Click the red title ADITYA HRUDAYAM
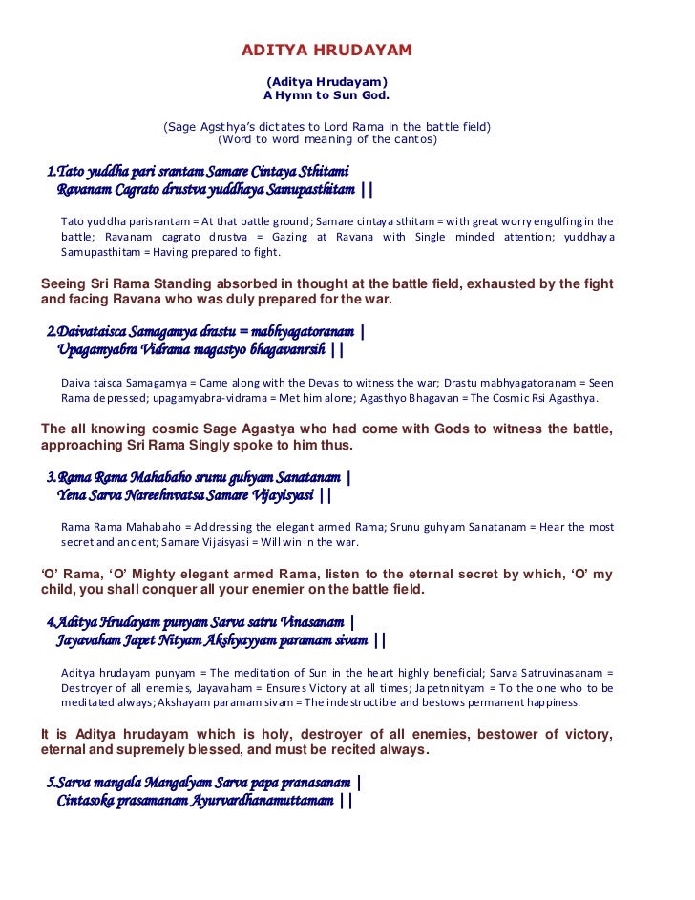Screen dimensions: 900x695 pyautogui.click(x=326, y=50)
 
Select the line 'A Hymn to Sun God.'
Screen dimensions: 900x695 pyautogui.click(x=326, y=96)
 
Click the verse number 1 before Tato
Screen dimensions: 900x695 pyautogui.click(x=52, y=172)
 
